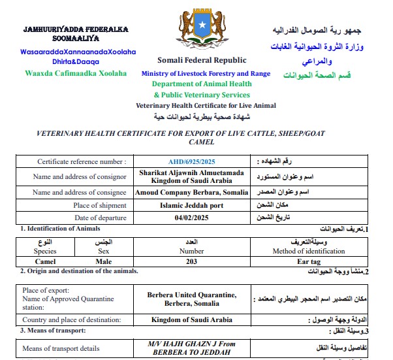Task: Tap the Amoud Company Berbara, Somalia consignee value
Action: click(x=191, y=193)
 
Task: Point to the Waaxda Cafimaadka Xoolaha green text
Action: click(x=76, y=73)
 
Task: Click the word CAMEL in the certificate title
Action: click(x=200, y=142)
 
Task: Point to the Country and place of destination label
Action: click(x=71, y=320)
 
